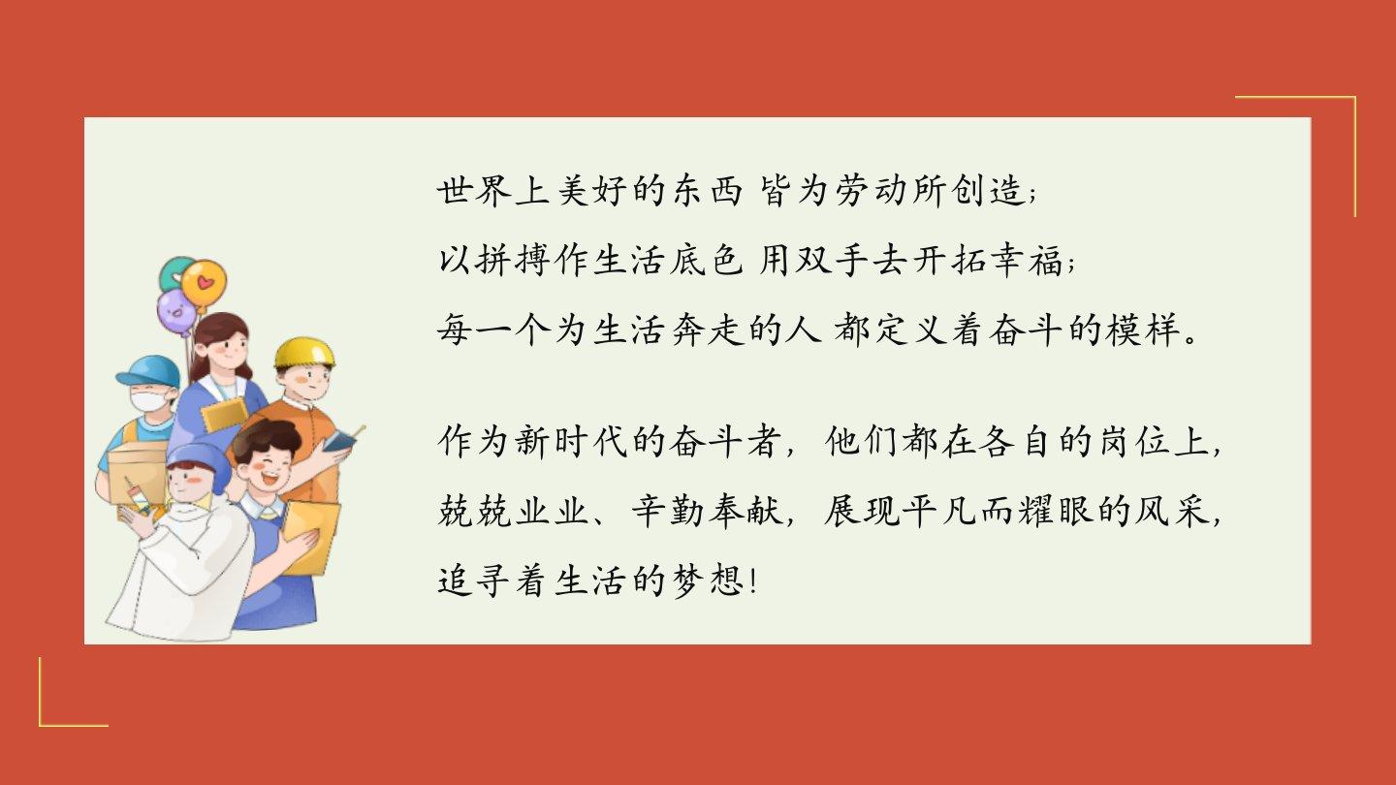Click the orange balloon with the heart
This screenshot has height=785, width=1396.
[x=204, y=284]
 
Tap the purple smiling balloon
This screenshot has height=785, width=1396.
[x=176, y=311]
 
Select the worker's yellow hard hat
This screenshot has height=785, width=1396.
[x=304, y=353]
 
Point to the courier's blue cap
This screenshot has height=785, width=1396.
[x=148, y=370]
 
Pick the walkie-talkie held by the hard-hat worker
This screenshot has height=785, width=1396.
[x=339, y=440]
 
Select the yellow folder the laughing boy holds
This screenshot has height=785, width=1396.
[x=311, y=537]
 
